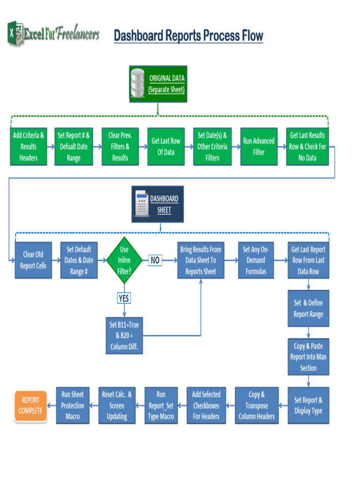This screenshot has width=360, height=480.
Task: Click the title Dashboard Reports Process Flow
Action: (188, 36)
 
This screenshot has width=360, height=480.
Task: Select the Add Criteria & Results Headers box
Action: (29, 146)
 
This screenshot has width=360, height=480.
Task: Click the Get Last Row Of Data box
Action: (166, 146)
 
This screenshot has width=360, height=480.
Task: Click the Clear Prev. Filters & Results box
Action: (120, 146)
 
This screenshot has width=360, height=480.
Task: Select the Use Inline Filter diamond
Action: (124, 260)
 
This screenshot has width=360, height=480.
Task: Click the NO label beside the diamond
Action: (155, 260)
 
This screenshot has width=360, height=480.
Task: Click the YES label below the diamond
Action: (124, 298)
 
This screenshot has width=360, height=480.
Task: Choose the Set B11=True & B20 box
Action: (124, 336)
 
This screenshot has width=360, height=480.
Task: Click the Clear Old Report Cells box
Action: (33, 260)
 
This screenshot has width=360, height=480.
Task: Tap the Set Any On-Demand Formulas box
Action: (256, 260)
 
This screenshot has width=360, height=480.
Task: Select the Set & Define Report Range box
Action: (308, 308)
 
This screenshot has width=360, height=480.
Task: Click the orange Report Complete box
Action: (30, 405)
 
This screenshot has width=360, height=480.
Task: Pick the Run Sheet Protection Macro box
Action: (73, 405)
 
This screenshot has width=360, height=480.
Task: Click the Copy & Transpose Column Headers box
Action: (256, 405)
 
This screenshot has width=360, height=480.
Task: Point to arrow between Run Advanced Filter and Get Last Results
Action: (282, 146)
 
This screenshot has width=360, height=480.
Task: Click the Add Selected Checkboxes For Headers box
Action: (206, 405)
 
